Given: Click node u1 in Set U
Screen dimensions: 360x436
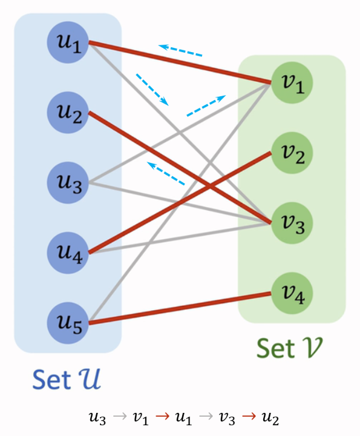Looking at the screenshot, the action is click(x=68, y=42).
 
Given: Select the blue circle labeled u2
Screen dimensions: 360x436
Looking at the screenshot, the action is click(x=68, y=113).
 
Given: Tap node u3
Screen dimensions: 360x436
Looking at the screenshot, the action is click(x=68, y=183).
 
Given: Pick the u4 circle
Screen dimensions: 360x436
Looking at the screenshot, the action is click(x=68, y=253).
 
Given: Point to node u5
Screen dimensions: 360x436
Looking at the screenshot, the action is click(x=68, y=323).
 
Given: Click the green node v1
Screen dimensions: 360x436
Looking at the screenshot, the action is click(x=292, y=82).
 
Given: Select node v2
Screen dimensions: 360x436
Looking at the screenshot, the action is click(x=292, y=153).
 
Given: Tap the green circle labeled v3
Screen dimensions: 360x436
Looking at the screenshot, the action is click(x=292, y=223).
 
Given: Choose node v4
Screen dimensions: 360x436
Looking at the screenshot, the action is click(x=292, y=293).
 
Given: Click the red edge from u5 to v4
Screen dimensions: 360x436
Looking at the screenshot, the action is click(x=180, y=308).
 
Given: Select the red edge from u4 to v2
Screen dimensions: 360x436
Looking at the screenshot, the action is click(x=180, y=202).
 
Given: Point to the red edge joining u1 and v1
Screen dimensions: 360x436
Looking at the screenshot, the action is click(x=180, y=62).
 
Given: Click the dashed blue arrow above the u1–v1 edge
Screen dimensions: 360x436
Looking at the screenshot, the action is click(x=180, y=50).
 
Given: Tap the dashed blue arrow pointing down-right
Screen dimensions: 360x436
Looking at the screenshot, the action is click(x=152, y=90).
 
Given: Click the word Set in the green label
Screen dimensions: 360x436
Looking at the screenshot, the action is click(x=275, y=348).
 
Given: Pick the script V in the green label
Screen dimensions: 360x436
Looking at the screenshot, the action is click(x=311, y=348).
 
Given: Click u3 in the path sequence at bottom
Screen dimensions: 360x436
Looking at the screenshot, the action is click(x=97, y=418).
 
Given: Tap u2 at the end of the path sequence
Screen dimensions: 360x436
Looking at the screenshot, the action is click(x=270, y=418).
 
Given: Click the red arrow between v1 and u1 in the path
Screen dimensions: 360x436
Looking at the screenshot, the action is click(x=163, y=416).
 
